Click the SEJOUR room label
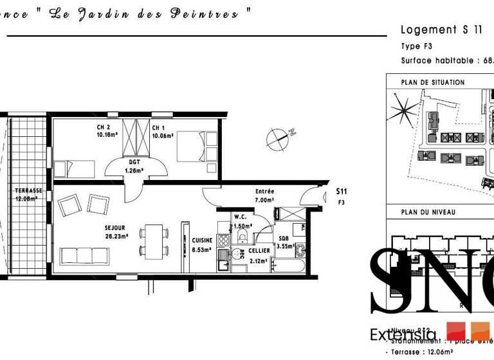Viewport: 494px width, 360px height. (116, 228)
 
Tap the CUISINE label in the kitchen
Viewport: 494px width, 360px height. (202, 240)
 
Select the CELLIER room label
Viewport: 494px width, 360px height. (260, 251)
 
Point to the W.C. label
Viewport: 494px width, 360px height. (241, 217)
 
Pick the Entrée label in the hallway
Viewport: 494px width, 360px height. (264, 192)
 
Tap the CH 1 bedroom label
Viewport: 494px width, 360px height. (160, 127)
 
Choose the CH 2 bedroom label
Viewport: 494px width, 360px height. (104, 127)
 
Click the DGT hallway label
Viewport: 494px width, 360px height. (134, 162)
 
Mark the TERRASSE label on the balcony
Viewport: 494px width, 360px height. (29, 191)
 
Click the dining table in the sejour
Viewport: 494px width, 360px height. (154, 240)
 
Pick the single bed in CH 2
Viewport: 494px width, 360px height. (76, 169)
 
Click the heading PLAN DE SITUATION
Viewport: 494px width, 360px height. (432, 83)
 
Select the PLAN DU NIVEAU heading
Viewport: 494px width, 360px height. (428, 212)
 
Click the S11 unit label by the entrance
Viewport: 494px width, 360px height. (342, 192)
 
